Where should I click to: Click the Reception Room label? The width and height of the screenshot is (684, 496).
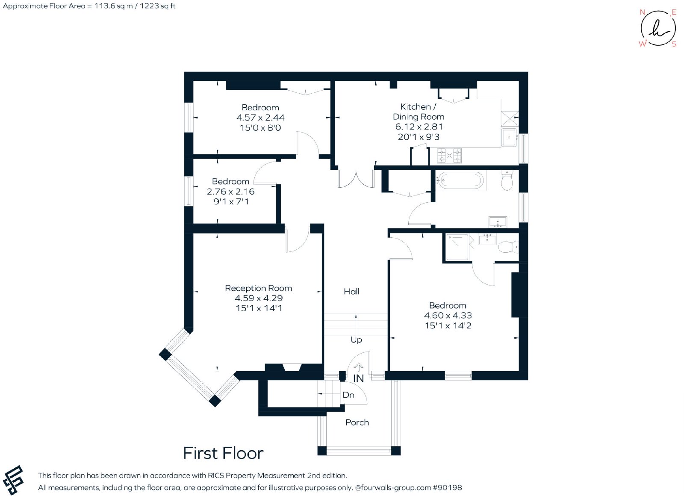coord(258,288)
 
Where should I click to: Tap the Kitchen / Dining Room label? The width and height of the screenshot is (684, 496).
coord(419,112)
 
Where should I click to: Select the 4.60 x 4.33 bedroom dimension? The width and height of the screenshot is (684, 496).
coord(448,315)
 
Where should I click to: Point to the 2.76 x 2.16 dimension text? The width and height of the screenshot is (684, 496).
coord(230,192)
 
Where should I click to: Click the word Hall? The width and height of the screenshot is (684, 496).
coord(351,291)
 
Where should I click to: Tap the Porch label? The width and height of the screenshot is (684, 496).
coord(357,422)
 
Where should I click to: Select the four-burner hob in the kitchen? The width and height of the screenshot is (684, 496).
coord(449,156)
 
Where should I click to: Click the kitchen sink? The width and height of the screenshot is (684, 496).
coord(509,137)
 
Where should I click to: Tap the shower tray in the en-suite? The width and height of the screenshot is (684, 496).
coord(457,247)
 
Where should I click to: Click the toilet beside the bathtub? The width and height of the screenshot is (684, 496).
coord(507,180)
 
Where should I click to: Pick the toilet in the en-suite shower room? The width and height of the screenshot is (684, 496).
coord(508,247)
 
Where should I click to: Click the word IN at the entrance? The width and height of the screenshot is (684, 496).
coord(359,378)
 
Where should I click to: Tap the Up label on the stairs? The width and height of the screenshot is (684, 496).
coord(357,340)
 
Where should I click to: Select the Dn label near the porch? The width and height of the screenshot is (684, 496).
coord(348,395)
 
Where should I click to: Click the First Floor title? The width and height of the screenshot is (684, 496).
coord(223,453)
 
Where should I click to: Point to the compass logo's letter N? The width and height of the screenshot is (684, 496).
coord(642,12)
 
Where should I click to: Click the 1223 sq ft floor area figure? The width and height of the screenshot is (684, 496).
coord(158,6)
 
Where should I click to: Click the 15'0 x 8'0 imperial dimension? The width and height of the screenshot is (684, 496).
coord(260,128)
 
